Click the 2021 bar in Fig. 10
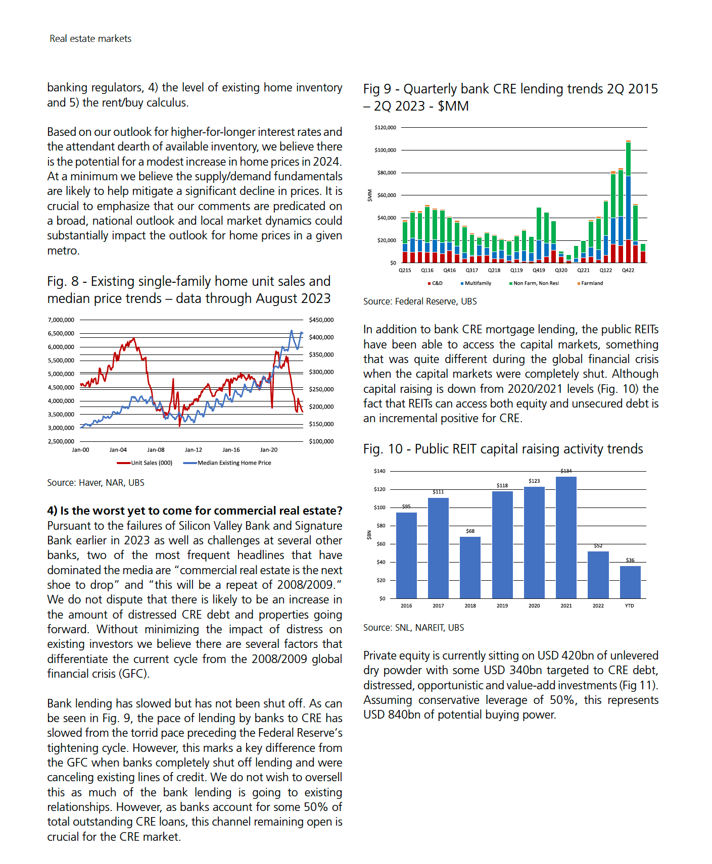(566, 538)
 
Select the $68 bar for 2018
(470, 568)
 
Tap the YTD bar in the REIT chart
(630, 582)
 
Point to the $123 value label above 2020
(534, 481)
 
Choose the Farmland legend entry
(592, 283)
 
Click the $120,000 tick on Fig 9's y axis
(385, 128)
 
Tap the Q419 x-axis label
(539, 270)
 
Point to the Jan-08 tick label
(156, 450)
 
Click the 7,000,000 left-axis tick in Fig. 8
(61, 320)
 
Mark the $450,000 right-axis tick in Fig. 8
(321, 320)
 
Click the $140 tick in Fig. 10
(379, 471)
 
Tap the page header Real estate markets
(90, 39)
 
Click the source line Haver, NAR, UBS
(96, 483)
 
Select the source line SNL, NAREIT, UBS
(413, 628)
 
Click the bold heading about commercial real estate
(195, 511)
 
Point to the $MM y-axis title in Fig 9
(369, 195)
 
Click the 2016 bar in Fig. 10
(406, 555)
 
